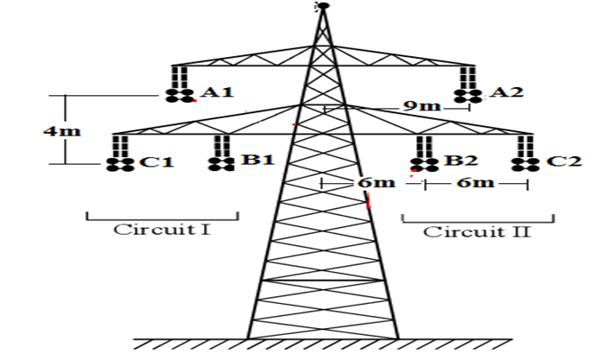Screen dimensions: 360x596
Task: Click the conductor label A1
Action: coord(217,92)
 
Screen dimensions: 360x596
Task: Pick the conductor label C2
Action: coord(562,161)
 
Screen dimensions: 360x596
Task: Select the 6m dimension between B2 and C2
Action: coord(476,183)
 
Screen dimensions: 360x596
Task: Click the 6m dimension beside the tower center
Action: coord(374,183)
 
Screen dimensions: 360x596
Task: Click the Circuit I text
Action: coord(162,230)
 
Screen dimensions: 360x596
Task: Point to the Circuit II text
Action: coord(477,231)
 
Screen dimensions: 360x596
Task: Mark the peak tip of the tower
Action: coord(322,6)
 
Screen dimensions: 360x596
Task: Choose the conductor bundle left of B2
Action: coord(423,161)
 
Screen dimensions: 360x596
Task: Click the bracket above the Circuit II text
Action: coord(477,219)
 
